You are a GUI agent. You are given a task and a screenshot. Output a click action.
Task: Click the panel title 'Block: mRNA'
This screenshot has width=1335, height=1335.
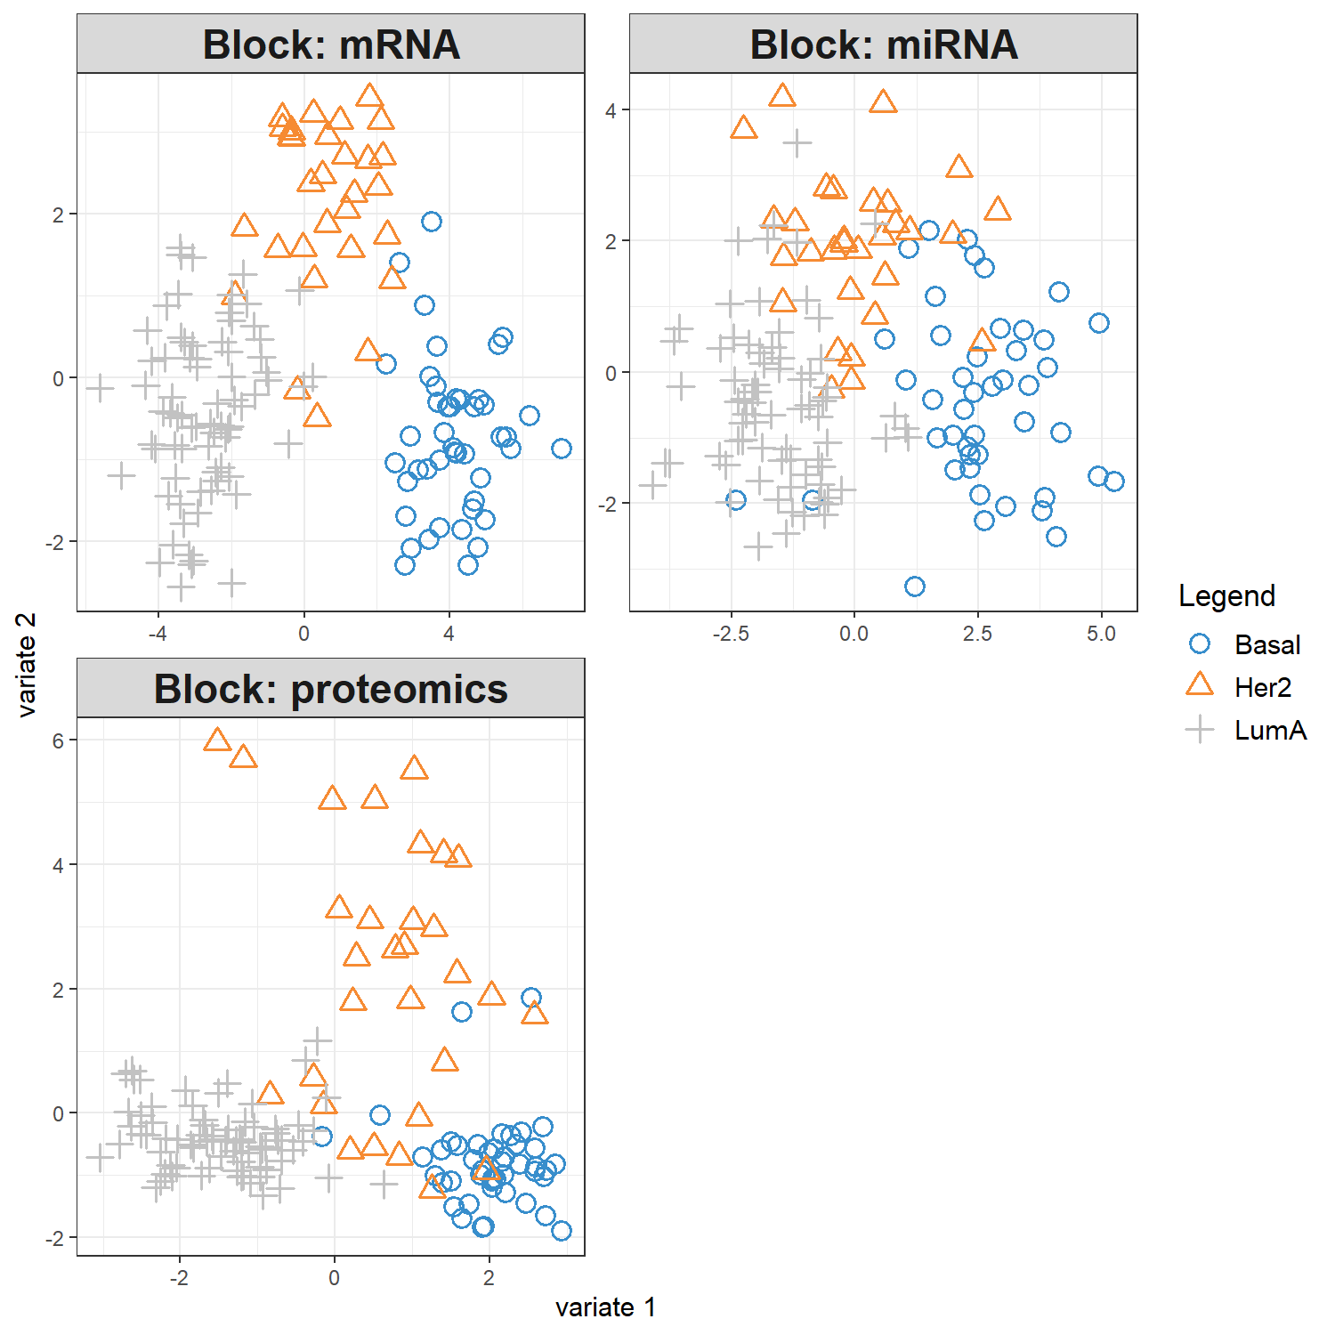point(331,44)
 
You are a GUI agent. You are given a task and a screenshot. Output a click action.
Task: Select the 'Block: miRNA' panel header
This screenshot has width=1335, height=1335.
point(884,44)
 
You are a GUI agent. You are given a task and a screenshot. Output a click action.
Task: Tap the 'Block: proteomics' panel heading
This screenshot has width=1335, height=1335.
point(331,689)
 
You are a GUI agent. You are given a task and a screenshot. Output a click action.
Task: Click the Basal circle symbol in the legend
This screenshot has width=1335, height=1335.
point(1200,643)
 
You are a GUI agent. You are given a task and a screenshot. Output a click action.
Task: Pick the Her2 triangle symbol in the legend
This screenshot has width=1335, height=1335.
point(1200,685)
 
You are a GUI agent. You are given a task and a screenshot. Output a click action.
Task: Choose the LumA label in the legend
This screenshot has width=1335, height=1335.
point(1270,731)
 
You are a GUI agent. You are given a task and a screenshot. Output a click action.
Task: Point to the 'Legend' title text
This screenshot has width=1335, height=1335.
point(1226,595)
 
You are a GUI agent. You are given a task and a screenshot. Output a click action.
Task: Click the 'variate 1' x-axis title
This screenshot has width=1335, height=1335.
point(605,1307)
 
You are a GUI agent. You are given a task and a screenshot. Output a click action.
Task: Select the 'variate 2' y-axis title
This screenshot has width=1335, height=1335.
point(27,665)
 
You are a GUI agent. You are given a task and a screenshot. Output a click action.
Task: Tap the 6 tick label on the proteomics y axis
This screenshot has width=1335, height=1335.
point(59,740)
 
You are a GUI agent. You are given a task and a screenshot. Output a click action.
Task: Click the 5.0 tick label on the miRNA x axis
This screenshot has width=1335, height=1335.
point(1101,634)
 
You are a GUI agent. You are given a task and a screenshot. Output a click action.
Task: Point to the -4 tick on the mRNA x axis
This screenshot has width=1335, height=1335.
point(158,634)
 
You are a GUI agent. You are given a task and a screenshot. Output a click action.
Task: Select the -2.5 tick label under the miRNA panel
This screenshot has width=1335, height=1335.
point(731,634)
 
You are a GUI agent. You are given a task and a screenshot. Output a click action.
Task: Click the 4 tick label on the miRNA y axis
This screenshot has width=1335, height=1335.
point(611,110)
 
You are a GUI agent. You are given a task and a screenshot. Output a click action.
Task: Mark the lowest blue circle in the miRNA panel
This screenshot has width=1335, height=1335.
point(915,587)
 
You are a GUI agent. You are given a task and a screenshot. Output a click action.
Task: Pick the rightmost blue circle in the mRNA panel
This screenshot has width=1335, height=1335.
point(562,449)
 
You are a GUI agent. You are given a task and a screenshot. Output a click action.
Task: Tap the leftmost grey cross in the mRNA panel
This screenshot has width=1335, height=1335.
point(100,388)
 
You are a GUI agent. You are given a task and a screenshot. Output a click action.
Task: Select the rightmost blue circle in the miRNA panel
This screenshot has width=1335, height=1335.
point(1114,481)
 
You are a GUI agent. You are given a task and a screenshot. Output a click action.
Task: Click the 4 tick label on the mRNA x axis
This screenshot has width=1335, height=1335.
point(449,634)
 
